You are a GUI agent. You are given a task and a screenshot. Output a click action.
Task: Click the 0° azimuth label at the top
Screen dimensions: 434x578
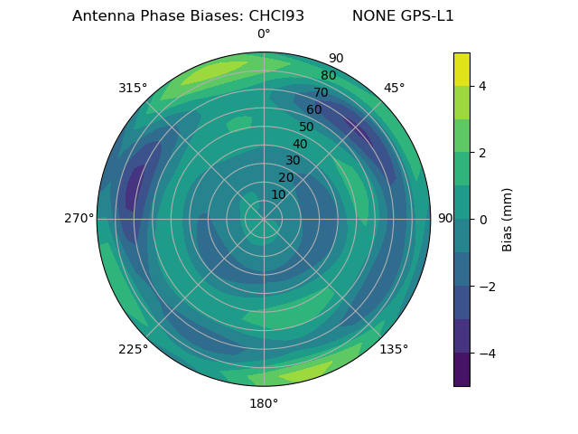point(264,34)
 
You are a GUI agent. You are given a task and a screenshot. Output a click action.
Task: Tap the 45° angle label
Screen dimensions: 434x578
point(394,88)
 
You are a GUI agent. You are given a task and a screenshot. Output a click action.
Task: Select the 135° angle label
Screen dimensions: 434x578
point(394,349)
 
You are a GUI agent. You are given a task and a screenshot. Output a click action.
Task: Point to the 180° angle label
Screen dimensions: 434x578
point(264,403)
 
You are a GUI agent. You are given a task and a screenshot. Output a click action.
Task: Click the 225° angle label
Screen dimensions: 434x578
point(133,349)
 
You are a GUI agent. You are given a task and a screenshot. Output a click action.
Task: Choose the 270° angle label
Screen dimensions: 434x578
point(79,219)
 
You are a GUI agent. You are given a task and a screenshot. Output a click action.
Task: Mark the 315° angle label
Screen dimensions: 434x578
point(133,88)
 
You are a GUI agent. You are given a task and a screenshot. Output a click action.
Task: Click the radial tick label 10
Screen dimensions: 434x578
point(278,194)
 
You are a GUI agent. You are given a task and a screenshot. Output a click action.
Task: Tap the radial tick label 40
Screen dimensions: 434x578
point(299,144)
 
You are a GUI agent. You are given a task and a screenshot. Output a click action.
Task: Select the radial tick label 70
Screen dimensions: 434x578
point(320,92)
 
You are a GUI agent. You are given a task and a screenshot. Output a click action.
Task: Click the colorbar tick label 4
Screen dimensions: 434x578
point(482,86)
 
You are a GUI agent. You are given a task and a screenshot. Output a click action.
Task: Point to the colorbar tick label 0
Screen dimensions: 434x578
point(482,219)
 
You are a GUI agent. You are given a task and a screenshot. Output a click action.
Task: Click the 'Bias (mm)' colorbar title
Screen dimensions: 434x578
point(508,220)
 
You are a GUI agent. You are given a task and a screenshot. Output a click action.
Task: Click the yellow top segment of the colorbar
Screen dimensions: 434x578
point(461,69)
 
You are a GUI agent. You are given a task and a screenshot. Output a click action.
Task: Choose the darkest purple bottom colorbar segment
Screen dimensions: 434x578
point(461,370)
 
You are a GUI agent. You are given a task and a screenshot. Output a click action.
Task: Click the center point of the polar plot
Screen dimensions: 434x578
point(264,219)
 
